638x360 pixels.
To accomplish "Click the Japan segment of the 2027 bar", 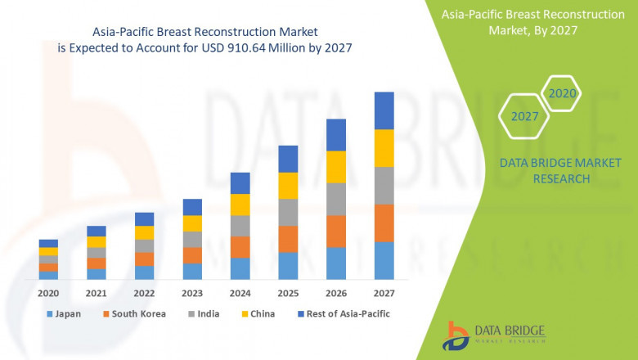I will (x=384, y=260).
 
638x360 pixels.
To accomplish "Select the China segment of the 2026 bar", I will (x=335, y=167).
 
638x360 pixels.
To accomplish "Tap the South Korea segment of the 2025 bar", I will (x=288, y=239).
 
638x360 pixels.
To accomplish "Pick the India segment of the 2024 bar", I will (x=240, y=226).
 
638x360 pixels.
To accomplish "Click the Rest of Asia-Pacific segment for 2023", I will (x=192, y=207).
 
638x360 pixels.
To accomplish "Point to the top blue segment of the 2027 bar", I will (x=384, y=110).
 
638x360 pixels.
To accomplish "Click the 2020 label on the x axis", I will (x=48, y=292).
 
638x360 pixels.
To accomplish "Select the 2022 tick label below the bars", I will (x=144, y=292).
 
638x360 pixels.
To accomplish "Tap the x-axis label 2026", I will (x=335, y=292).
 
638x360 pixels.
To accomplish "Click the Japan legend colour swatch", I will (x=50, y=314).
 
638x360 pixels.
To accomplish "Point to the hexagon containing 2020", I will (x=563, y=94).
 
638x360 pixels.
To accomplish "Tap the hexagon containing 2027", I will (x=525, y=116).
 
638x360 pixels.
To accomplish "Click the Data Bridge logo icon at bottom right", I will (x=456, y=334).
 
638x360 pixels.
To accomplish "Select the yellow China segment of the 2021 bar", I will (x=97, y=241).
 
